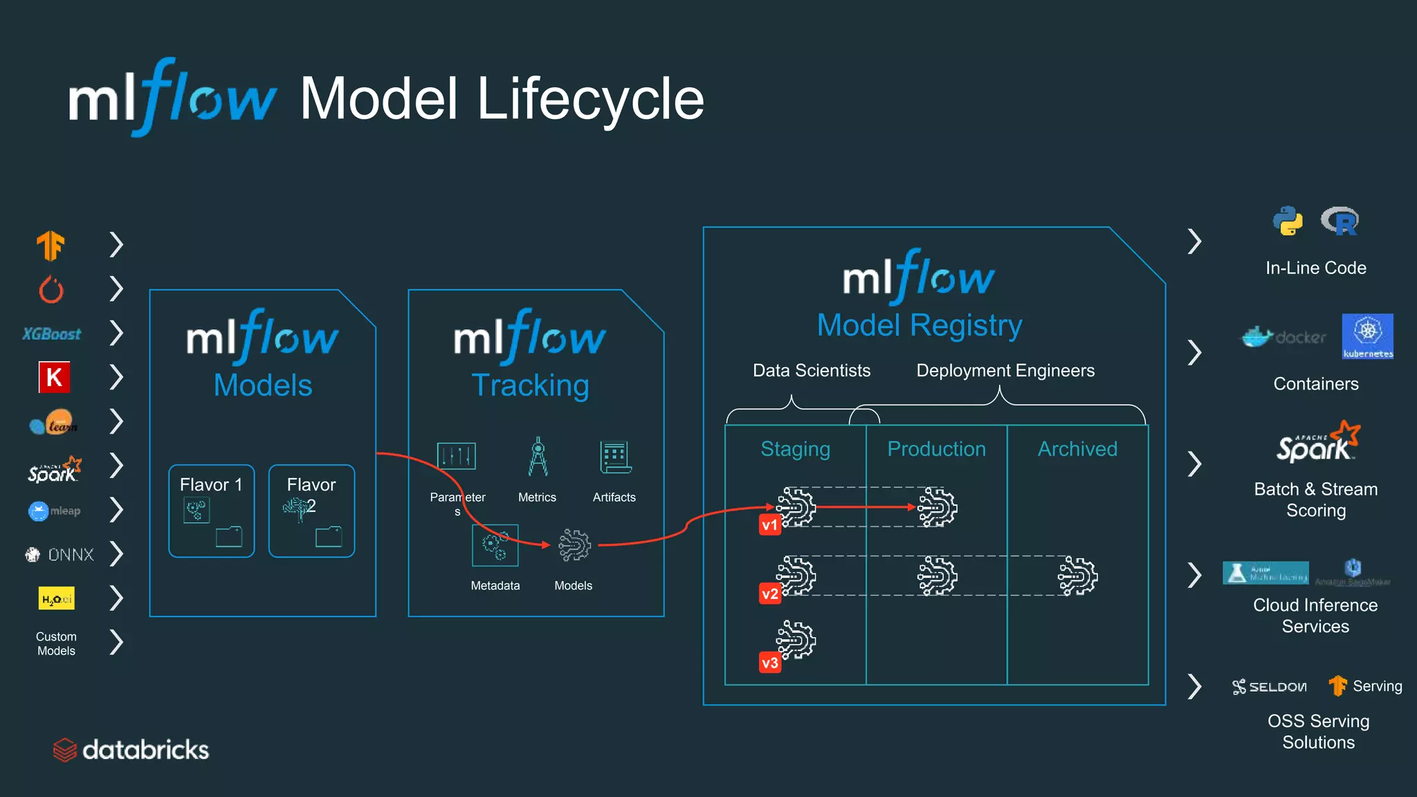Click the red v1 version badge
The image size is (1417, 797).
pyautogui.click(x=769, y=525)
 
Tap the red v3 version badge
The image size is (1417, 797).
pyautogui.click(x=769, y=663)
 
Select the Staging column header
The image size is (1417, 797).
pyautogui.click(x=795, y=449)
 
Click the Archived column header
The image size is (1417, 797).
pyautogui.click(x=1077, y=449)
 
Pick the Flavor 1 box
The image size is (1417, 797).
pyautogui.click(x=211, y=511)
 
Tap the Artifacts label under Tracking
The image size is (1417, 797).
pyautogui.click(x=614, y=497)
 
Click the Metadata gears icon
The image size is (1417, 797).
pyautogui.click(x=495, y=545)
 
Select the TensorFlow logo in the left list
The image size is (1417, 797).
pyautogui.click(x=51, y=245)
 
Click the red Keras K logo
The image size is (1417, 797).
pyautogui.click(x=54, y=377)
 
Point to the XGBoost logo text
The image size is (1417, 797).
pyautogui.click(x=52, y=334)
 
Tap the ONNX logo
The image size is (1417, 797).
pyautogui.click(x=60, y=555)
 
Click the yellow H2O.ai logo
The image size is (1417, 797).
pyautogui.click(x=56, y=599)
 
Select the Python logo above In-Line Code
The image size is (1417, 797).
pyautogui.click(x=1288, y=221)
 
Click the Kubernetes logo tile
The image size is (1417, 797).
pyautogui.click(x=1367, y=336)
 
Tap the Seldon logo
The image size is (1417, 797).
pyautogui.click(x=1270, y=686)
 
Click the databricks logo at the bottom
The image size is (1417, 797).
pyautogui.click(x=131, y=750)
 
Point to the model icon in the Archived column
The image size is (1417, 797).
pyautogui.click(x=1077, y=576)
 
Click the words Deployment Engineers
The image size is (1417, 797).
pyautogui.click(x=1005, y=371)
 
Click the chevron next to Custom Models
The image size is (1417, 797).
pyautogui.click(x=116, y=642)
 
